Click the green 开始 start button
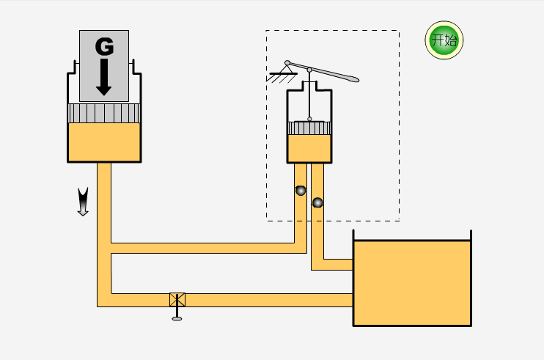[444, 40]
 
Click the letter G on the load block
[104, 47]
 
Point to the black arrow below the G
[103, 77]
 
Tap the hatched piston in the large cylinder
[104, 113]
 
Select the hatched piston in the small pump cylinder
[309, 128]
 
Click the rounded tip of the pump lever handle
[354, 79]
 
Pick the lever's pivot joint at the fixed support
[287, 63]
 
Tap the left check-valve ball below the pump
[301, 191]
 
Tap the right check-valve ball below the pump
[317, 202]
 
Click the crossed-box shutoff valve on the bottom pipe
[177, 300]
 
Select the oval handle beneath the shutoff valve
[177, 319]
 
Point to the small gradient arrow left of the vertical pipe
[83, 202]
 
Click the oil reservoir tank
[412, 283]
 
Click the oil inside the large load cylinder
[104, 142]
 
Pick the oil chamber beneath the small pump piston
[309, 148]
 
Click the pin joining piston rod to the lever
[309, 70]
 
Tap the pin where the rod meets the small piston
[309, 119]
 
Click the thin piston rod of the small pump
[309, 95]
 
